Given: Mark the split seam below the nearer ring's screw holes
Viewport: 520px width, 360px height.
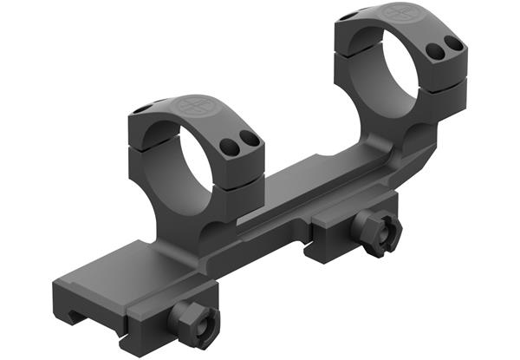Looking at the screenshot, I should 238,156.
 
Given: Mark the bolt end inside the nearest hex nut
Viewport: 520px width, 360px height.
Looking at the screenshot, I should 192,320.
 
